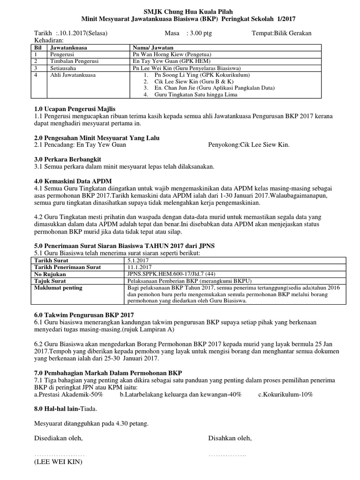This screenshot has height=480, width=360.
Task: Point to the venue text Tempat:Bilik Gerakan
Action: (281, 33)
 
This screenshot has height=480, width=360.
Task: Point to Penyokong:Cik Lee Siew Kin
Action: (248, 145)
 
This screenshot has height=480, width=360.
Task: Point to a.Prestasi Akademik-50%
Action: (69, 395)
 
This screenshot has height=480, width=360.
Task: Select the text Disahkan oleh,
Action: (230, 438)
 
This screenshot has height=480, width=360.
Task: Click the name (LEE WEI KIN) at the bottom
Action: (58, 462)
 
